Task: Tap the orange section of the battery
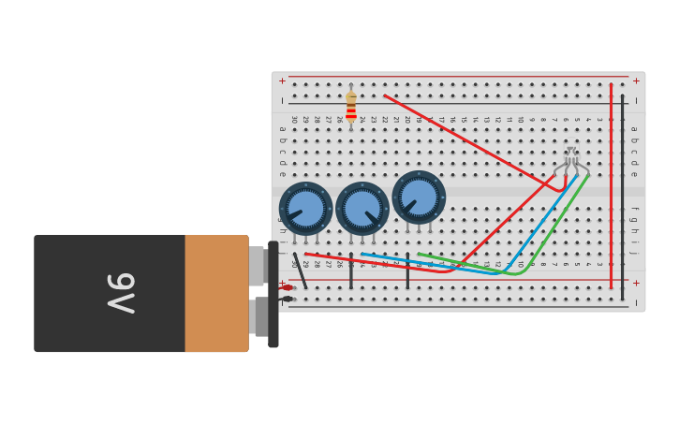point(216,293)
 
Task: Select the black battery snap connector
point(273,294)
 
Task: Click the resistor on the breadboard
point(351,105)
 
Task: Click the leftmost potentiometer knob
point(305,208)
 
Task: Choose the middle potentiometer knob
point(362,208)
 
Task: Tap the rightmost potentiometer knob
point(419,197)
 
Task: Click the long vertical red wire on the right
point(611,187)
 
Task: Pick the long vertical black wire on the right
point(622,197)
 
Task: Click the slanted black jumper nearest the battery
point(300,270)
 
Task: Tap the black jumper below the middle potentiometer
point(351,270)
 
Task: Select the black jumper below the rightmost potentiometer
point(407,270)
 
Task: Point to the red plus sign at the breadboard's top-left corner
point(282,80)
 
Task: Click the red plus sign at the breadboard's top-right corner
point(636,80)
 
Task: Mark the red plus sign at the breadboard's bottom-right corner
point(636,283)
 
